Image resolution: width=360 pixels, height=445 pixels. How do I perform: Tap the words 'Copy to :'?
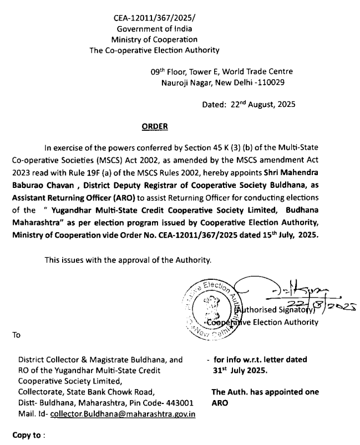28,436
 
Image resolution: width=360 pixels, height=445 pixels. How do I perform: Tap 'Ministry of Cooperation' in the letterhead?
154,39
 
